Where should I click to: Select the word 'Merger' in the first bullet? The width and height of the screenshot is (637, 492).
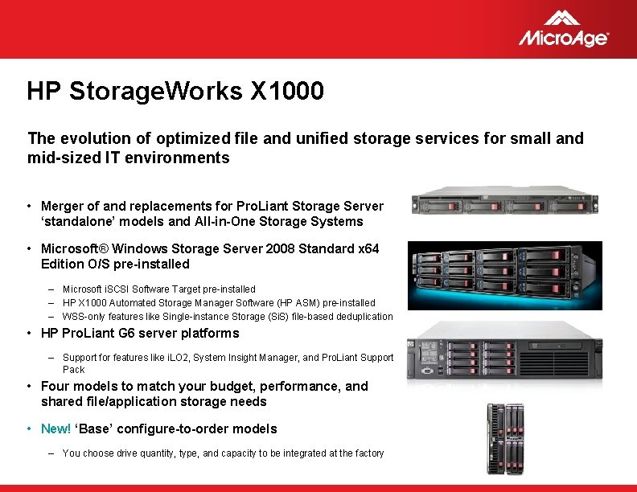pyautogui.click(x=63, y=207)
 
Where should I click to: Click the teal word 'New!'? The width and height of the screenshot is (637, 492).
pyautogui.click(x=55, y=428)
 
